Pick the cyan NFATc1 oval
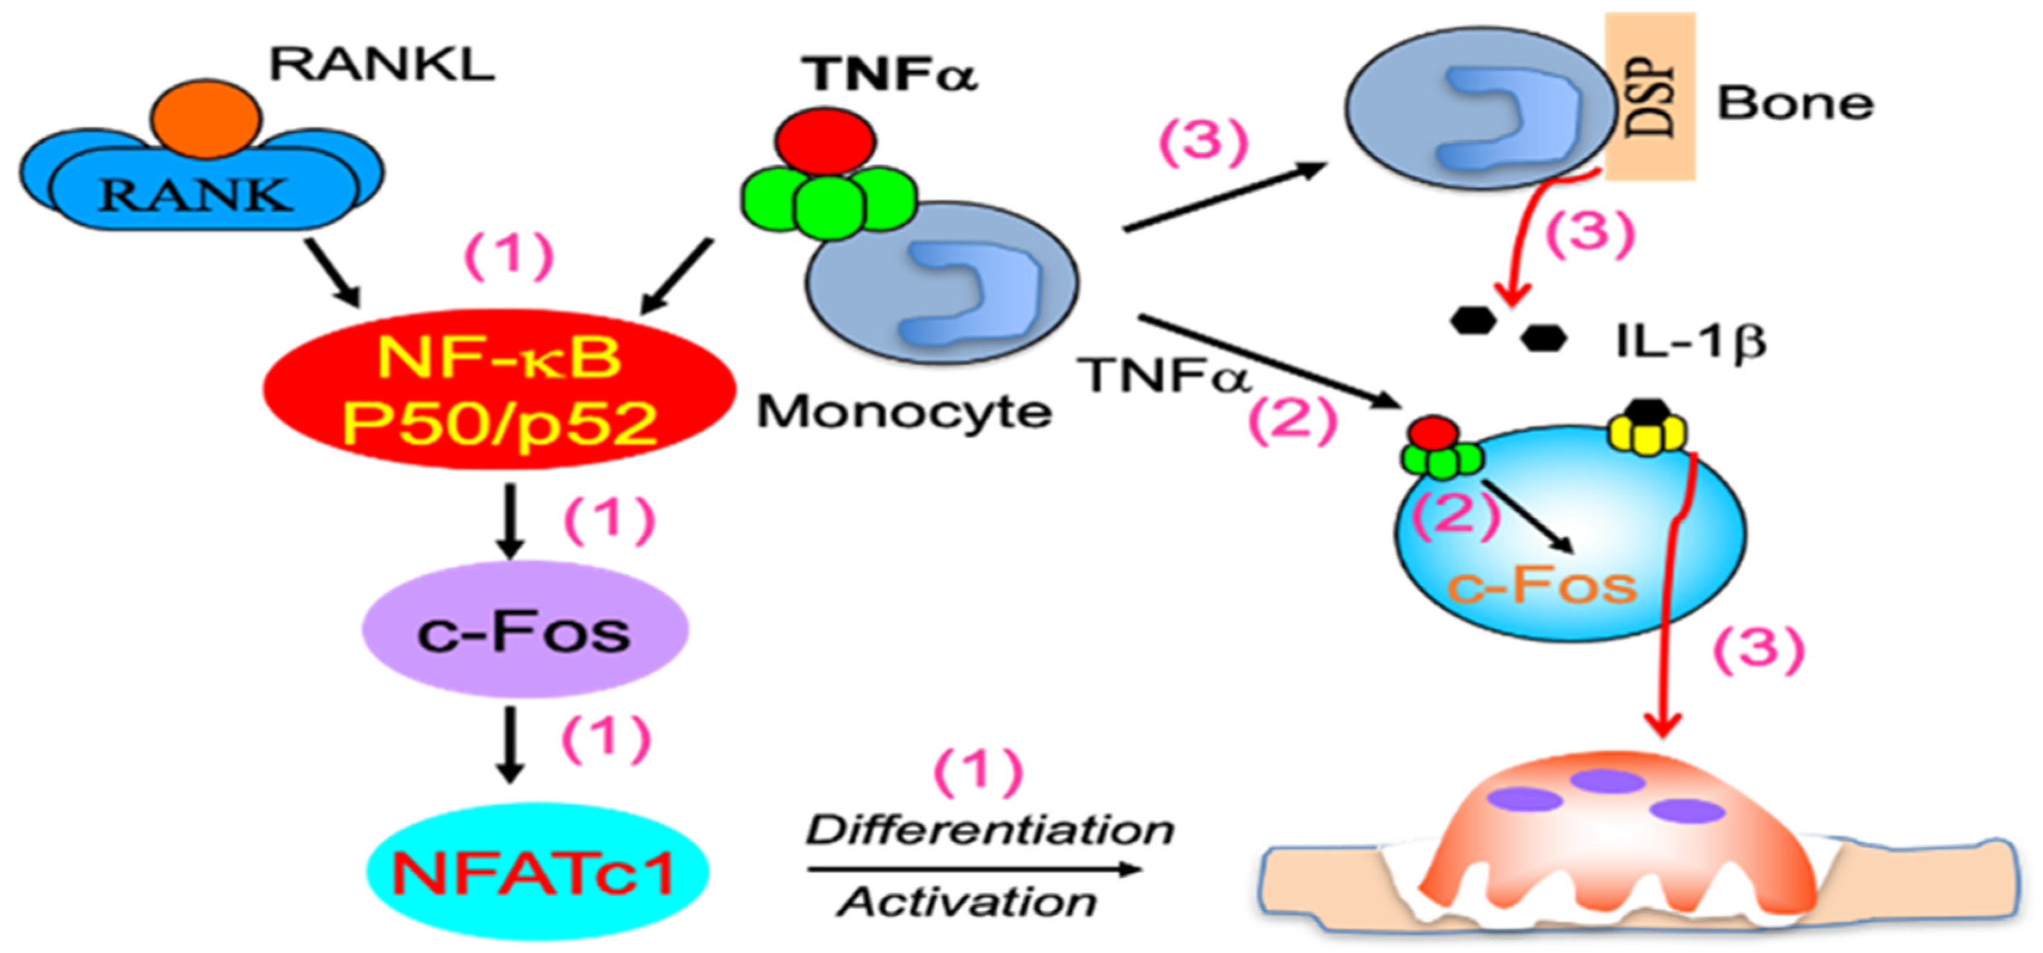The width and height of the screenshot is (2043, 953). tap(536, 872)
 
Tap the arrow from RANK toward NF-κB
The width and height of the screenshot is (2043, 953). tap(334, 273)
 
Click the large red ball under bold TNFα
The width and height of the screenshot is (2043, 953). tap(826, 141)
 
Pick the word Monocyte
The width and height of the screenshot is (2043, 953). tap(904, 412)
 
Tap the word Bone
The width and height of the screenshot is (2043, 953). tap(1795, 104)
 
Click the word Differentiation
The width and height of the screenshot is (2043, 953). tap(990, 831)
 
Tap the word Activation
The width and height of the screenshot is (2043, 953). tap(968, 902)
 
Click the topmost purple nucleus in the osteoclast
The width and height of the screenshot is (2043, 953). tap(1608, 781)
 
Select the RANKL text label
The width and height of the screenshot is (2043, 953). tap(382, 65)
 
